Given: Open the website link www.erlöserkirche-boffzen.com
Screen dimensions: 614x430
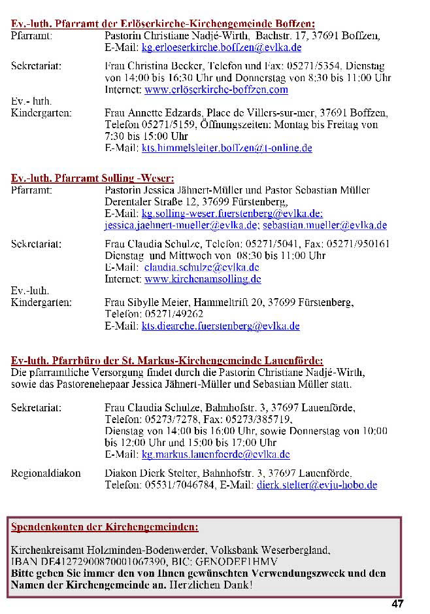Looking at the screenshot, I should (x=216, y=90).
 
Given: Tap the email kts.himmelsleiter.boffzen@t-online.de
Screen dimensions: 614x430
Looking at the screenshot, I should (x=226, y=148).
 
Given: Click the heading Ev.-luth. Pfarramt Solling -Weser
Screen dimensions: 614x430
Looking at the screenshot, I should (x=93, y=179).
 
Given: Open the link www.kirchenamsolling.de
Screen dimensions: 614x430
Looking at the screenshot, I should (x=203, y=279).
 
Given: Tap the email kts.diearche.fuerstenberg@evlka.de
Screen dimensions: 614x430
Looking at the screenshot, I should (x=220, y=326).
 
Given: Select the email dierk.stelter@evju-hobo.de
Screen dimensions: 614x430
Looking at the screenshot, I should (x=316, y=485).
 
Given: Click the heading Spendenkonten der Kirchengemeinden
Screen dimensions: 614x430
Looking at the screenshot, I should (x=105, y=526).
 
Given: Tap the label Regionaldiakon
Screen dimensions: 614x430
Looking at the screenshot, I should (x=46, y=473).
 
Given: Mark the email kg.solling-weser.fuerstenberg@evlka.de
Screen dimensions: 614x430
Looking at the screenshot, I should (x=231, y=214).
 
